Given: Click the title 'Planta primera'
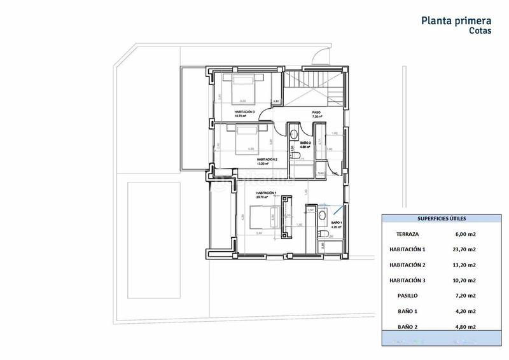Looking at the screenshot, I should (456, 20).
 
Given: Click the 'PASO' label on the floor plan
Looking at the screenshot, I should (316, 113).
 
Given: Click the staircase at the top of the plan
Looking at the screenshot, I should (307, 86).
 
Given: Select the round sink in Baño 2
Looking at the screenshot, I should (295, 133).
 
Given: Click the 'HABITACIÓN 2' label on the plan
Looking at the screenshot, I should (267, 160).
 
